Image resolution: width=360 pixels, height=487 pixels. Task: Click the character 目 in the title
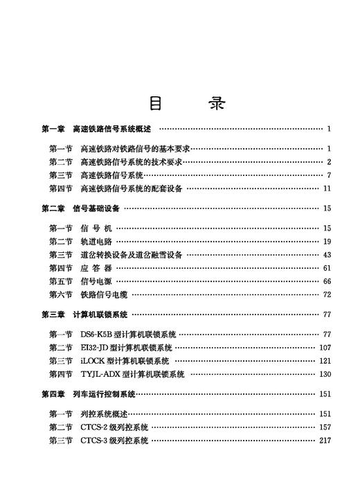pyautogui.click(x=157, y=103)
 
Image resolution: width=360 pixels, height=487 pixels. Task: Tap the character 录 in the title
pyautogui.click(x=216, y=103)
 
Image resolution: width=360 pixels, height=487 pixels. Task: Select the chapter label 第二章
pyautogui.click(x=53, y=209)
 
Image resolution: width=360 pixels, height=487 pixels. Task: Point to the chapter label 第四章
pyautogui.click(x=53, y=394)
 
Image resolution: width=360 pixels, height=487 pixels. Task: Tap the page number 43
pyautogui.click(x=327, y=255)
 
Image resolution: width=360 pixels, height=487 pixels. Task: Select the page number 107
pyautogui.click(x=325, y=348)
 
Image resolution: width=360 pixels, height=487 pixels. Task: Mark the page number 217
pyautogui.click(x=325, y=441)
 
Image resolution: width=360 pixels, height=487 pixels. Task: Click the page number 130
pyautogui.click(x=325, y=374)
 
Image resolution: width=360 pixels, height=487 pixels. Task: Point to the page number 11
pyautogui.click(x=327, y=188)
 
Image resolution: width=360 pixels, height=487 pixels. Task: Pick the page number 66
pyautogui.click(x=327, y=281)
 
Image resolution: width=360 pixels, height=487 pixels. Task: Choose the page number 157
pyautogui.click(x=325, y=427)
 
